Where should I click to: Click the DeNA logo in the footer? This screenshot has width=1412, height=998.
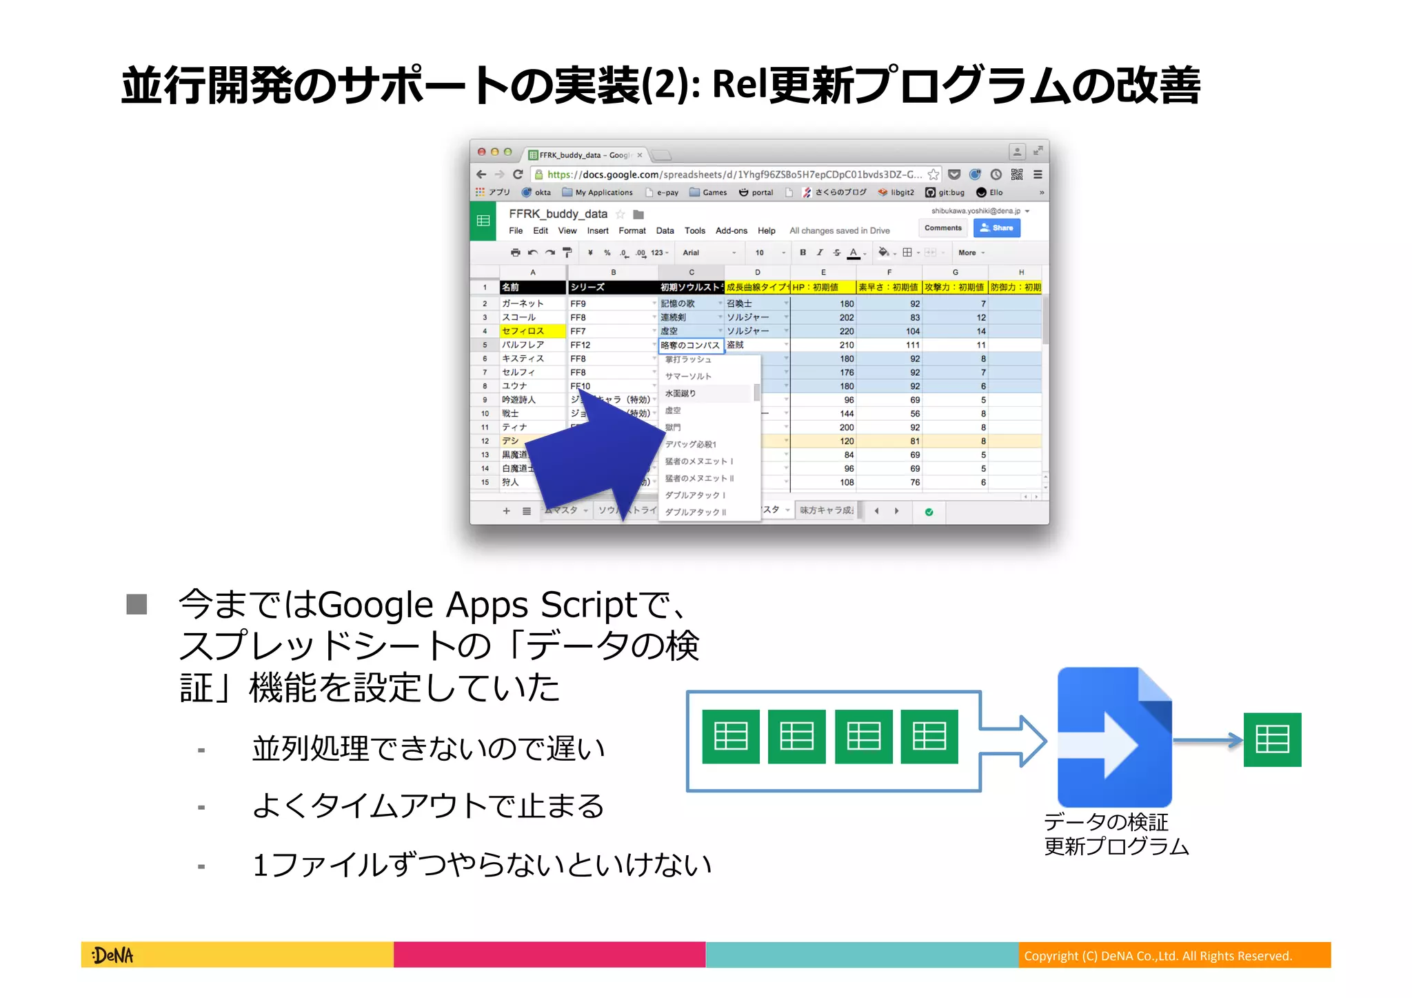pos(112,955)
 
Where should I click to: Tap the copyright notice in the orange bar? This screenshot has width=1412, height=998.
pos(1158,956)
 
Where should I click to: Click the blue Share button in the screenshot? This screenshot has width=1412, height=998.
pos(997,228)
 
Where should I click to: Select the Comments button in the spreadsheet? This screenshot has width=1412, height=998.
pos(942,228)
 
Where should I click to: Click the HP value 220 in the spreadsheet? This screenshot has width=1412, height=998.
pos(846,331)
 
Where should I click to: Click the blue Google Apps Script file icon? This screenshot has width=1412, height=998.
pos(1114,737)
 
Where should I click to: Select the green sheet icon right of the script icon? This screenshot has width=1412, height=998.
pos(1272,739)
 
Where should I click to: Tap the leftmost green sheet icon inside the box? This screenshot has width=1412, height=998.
pos(731,737)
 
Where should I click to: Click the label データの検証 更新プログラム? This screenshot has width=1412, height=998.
pos(1116,834)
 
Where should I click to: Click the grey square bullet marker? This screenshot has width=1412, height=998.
pos(137,604)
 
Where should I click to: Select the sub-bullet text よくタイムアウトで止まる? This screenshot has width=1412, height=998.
pos(428,806)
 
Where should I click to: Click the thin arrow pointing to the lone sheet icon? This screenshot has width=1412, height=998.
pos(1207,740)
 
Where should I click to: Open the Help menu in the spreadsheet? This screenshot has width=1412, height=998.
pos(766,231)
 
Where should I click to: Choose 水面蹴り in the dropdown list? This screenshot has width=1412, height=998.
pos(680,393)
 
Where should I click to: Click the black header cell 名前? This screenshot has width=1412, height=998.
pos(532,287)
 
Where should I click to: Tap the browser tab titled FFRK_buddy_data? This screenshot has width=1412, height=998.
pos(585,155)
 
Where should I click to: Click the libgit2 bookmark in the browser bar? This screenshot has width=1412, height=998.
pos(896,192)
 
